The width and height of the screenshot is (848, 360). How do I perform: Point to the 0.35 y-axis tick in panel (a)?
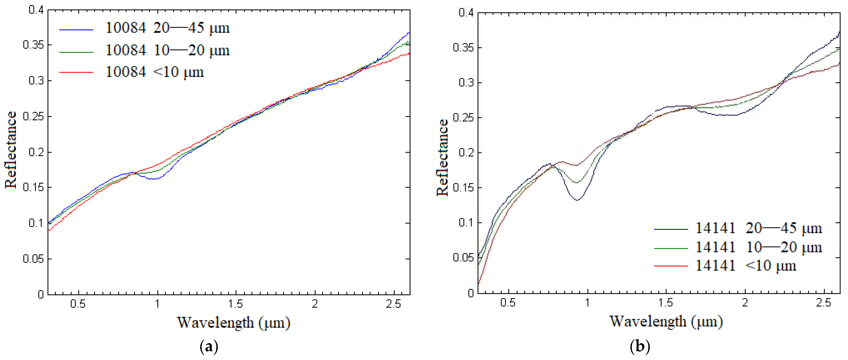33,45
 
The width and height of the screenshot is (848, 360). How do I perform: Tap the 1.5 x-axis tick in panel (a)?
236,304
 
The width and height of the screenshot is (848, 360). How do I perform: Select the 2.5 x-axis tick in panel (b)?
824,303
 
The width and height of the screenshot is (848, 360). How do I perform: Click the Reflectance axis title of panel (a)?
11,150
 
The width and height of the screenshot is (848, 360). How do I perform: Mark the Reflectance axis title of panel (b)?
442,157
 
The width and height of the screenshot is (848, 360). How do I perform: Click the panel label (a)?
209,347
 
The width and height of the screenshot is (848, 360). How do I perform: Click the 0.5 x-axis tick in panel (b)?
508,303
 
